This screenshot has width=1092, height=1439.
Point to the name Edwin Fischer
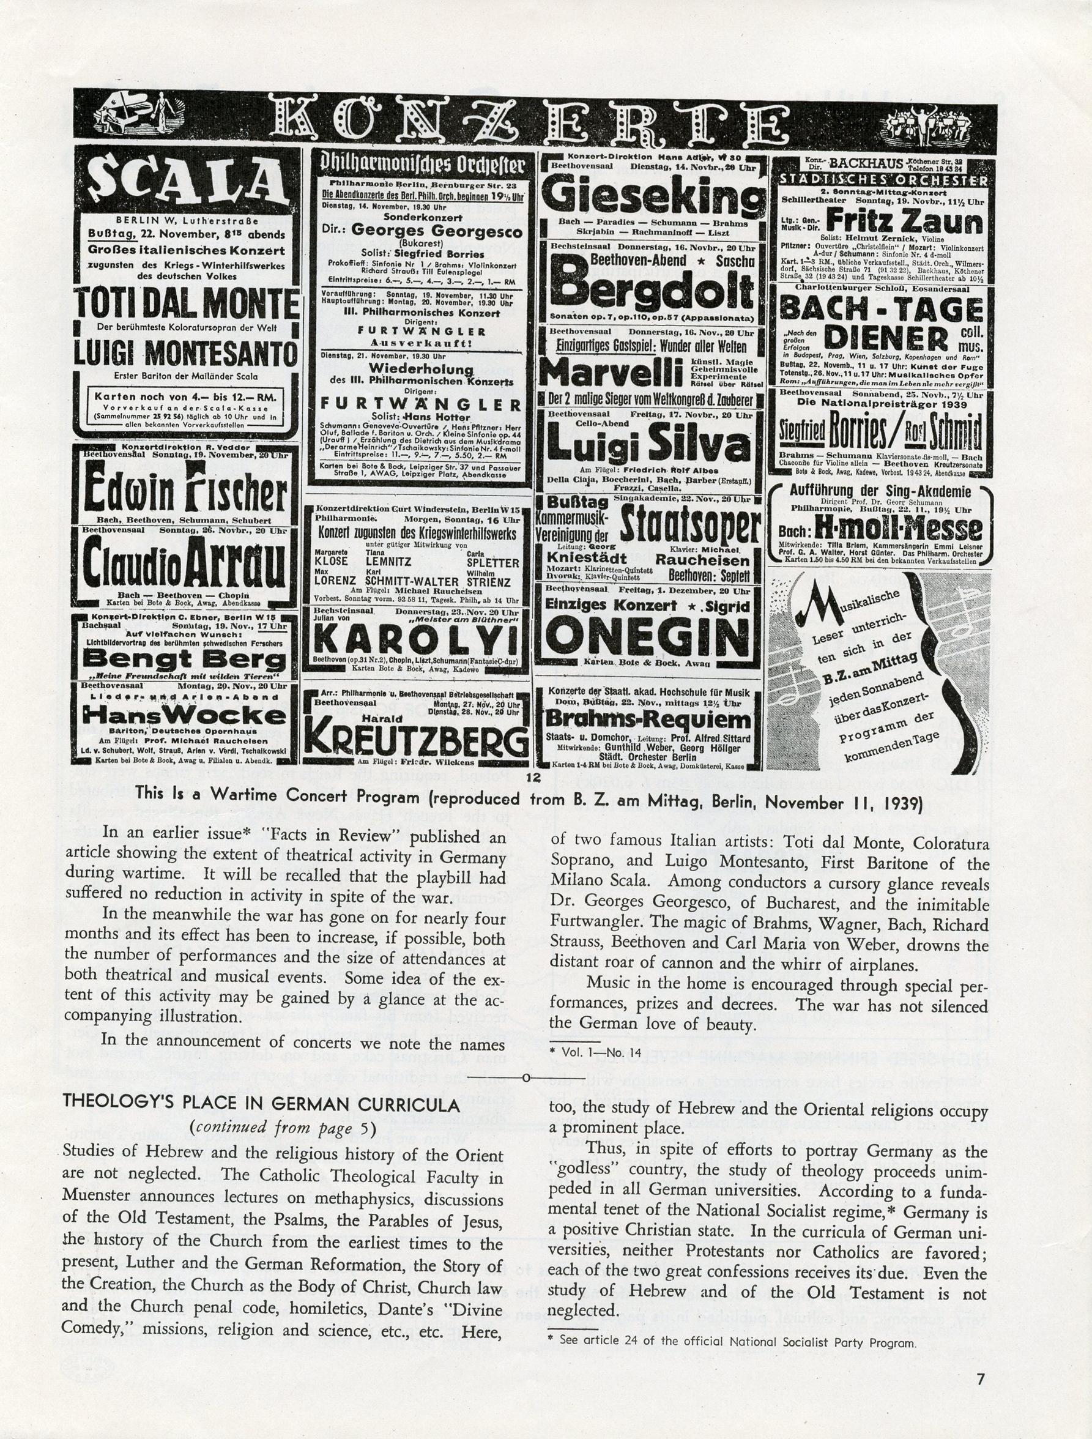click(x=185, y=493)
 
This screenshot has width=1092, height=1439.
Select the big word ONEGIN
click(x=647, y=636)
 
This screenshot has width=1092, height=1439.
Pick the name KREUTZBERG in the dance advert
click(x=416, y=738)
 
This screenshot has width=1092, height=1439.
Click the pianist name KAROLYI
click(x=416, y=641)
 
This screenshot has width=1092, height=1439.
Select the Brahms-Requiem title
click(x=648, y=719)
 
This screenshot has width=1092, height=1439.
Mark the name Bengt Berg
click(x=184, y=659)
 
